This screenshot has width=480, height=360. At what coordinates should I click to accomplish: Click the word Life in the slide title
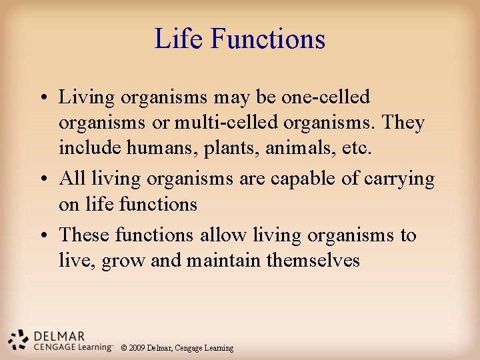pos(178,39)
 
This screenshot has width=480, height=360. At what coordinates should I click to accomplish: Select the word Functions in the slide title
pos(268,39)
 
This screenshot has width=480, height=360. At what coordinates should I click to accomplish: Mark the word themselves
pos(313,260)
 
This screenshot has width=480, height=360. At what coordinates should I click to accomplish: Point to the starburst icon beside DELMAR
pos(19,340)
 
